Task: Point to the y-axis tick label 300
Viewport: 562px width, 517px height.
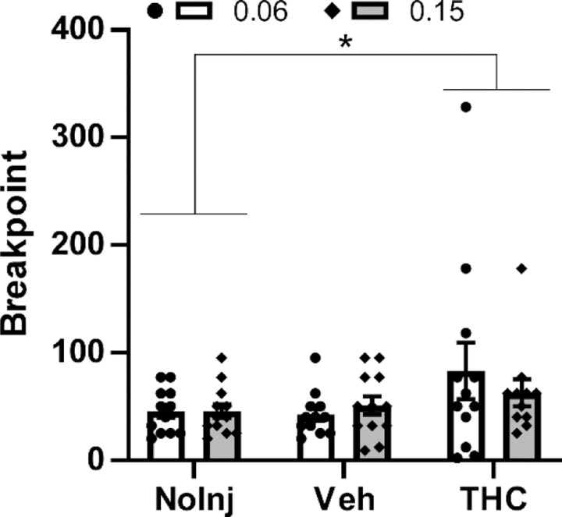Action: (x=79, y=137)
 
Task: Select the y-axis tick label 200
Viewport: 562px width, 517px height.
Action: (x=79, y=245)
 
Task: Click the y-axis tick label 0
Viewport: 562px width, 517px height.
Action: (x=96, y=460)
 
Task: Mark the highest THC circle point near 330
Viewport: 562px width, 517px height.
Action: (x=467, y=107)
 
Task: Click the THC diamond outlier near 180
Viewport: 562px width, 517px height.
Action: (x=521, y=268)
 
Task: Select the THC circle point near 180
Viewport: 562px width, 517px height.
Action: (x=467, y=268)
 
